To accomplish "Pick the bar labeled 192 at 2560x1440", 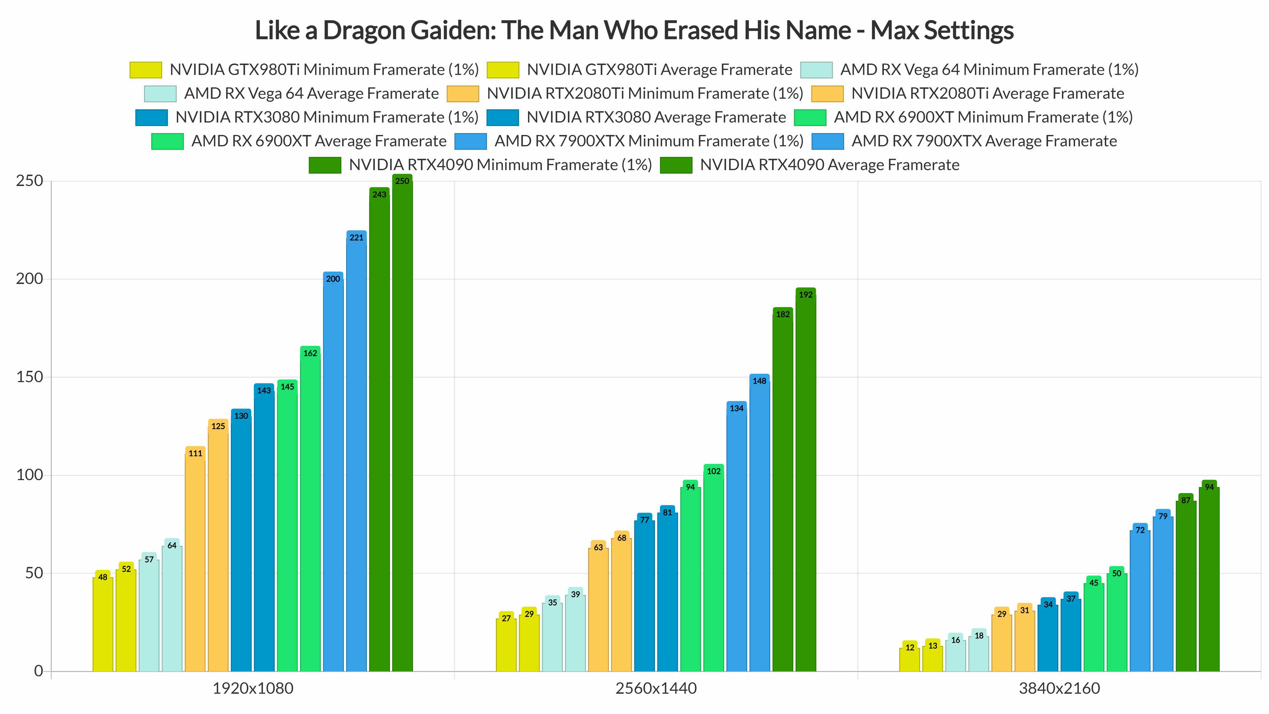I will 805,483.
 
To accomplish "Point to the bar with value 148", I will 759,525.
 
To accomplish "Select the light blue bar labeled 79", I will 1163,594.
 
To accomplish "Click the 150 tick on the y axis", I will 30,377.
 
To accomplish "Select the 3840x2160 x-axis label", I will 1059,688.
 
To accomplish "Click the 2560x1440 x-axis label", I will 656,688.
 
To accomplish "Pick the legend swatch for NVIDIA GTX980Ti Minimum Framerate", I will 146,70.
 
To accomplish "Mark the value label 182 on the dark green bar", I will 783,314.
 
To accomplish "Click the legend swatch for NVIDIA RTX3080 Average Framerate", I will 503,117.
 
